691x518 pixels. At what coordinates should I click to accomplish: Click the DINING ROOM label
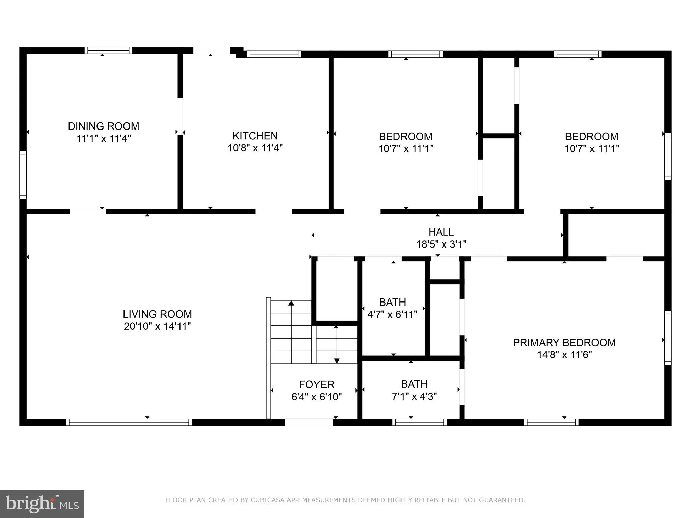pos(104,126)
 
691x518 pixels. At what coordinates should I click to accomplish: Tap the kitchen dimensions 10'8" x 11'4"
pos(255,148)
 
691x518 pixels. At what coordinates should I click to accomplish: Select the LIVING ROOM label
pos(157,314)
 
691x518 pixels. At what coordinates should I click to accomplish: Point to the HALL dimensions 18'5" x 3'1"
pos(441,244)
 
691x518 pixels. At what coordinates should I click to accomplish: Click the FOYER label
pos(316,384)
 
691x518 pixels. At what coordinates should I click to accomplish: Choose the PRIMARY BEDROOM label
pos(564,343)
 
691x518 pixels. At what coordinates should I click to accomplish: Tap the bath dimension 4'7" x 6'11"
pos(392,315)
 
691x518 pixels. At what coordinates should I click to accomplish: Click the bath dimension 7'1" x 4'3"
pos(414,397)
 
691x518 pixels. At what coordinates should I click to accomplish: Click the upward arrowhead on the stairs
pos(291,303)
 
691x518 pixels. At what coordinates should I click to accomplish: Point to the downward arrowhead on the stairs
pos(337,361)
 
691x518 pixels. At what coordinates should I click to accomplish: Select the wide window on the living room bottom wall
pos(129,422)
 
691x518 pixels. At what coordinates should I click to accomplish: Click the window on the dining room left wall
pos(23,175)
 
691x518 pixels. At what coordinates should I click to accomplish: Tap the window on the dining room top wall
pos(108,50)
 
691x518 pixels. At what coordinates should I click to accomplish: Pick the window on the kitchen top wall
pos(274,54)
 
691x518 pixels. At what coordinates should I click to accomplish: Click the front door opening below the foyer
pos(309,422)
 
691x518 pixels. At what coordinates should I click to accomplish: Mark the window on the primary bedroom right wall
pos(668,338)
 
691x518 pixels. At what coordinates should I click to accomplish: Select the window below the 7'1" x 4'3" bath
pos(419,422)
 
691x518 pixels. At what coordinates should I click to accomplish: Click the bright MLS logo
pos(42,504)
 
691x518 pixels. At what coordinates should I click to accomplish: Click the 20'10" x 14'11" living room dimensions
pos(157,326)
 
